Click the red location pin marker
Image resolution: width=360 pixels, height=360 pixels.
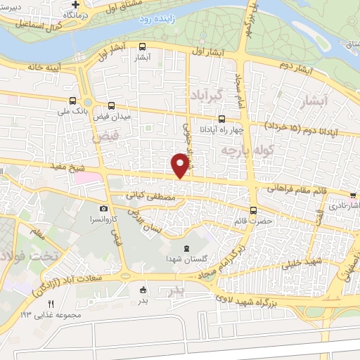pos(181,163)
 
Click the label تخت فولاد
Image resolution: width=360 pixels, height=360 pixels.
pos(30,253)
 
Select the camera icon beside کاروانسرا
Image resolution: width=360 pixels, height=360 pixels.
pos(103,209)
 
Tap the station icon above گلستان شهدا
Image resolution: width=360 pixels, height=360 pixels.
pos(186,248)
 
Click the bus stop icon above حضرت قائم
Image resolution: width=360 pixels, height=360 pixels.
pos(253,210)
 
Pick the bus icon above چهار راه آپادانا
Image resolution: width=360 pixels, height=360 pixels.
pos(222,119)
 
